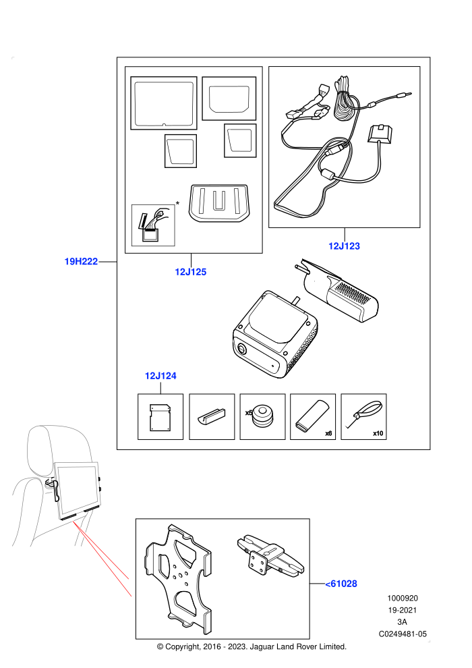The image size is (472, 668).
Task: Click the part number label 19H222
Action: coord(81,262)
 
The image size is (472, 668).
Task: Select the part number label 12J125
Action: coord(191,272)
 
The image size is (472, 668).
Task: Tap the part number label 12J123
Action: coord(344,246)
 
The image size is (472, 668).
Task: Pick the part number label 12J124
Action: coord(160,376)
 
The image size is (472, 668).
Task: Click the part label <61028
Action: coord(341,584)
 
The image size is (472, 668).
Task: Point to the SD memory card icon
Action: coord(160,416)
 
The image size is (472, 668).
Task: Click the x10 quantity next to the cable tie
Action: coord(378,433)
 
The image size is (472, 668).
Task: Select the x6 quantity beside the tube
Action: coord(328,433)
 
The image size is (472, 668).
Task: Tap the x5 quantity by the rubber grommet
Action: coord(249,412)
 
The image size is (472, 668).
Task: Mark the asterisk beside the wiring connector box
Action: coord(177,204)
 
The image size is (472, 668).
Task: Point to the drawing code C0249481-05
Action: coord(403,634)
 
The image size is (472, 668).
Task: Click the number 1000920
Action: coord(402,598)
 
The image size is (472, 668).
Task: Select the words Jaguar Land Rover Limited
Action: coord(298,646)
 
